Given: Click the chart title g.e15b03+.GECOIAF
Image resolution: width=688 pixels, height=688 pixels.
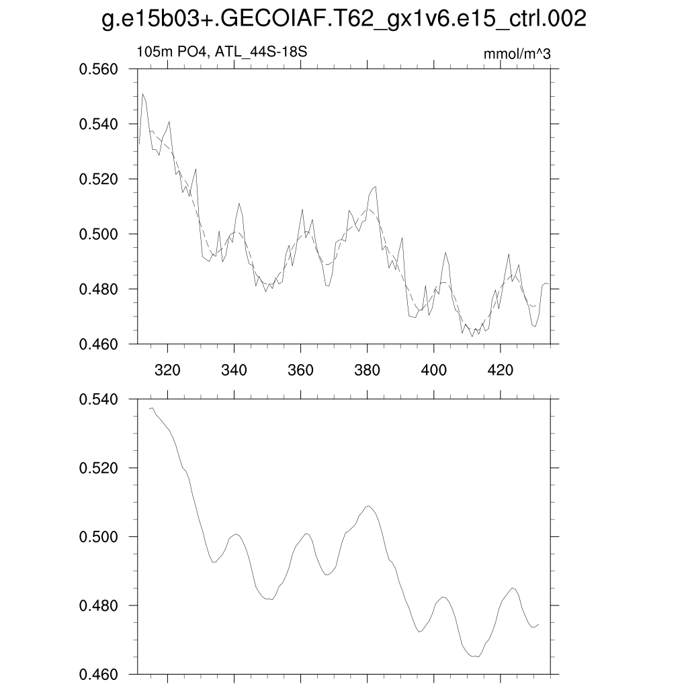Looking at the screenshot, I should coord(343,19).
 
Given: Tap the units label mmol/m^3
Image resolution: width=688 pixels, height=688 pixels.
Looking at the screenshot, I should coord(517,54).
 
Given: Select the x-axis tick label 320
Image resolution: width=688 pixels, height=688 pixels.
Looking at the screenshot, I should coord(167,370).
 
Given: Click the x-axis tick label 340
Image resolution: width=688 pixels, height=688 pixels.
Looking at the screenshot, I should coord(234,370).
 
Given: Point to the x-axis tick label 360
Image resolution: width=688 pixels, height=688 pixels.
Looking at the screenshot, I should coord(300,370).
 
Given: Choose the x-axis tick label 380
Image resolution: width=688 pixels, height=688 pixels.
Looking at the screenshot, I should coord(368,370).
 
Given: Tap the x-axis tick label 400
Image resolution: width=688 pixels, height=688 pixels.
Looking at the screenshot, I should coord(434,370).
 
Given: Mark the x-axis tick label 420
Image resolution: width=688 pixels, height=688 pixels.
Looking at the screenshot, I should coord(501,370).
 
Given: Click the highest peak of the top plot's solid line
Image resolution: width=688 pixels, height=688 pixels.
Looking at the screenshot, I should coord(143,94).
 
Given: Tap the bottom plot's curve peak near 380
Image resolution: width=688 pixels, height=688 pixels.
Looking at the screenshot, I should coord(368,505).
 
